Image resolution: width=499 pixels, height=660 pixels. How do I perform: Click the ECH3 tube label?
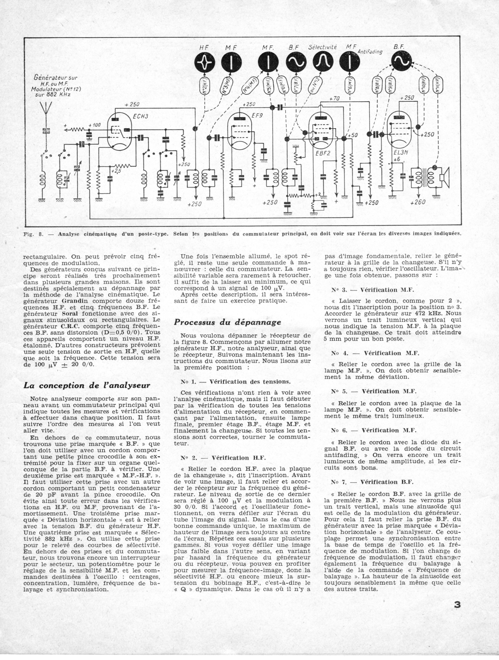point(140,116)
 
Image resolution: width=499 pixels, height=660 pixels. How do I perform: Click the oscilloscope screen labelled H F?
point(205,62)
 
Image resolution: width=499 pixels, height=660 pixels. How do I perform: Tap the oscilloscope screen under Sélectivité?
point(323,62)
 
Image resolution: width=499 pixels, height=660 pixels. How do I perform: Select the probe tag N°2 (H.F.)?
point(205,87)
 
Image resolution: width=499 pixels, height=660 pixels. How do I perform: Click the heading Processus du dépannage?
point(227,322)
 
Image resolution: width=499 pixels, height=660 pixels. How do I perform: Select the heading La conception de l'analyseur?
point(87,385)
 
